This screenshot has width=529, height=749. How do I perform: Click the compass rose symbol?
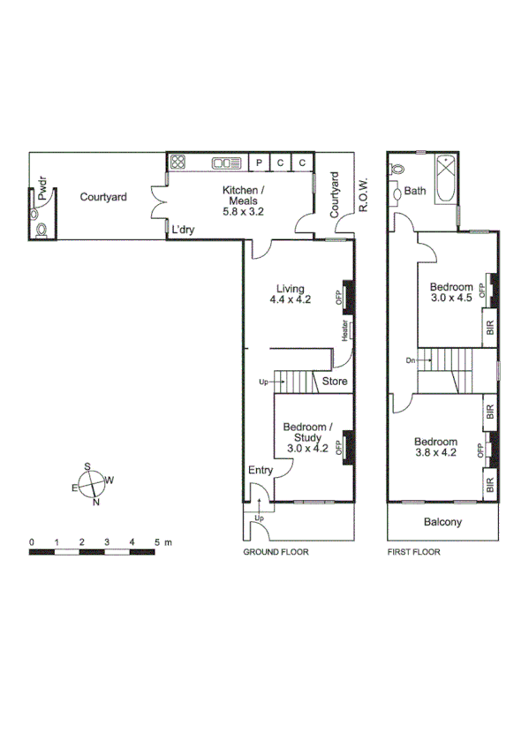[92, 484]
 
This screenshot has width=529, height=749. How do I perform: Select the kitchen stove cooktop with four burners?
[178, 162]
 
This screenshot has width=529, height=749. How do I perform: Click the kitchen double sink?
[227, 163]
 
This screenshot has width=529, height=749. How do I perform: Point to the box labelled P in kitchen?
[259, 163]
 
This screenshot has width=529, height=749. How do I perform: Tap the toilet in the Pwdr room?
[40, 230]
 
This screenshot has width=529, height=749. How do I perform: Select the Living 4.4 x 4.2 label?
[291, 294]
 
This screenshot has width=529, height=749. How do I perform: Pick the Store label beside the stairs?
[334, 382]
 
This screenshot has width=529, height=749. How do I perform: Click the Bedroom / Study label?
[306, 437]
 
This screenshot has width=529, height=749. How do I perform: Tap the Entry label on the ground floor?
[261, 470]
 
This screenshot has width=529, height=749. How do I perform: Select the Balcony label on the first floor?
[442, 522]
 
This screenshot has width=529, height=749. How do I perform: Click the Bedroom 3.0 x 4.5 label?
[451, 292]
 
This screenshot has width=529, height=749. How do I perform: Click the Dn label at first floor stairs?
[410, 360]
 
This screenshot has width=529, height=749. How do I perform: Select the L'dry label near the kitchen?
[184, 230]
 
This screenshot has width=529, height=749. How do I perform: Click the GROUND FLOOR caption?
[275, 552]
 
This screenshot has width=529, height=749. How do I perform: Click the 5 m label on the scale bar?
[162, 541]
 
